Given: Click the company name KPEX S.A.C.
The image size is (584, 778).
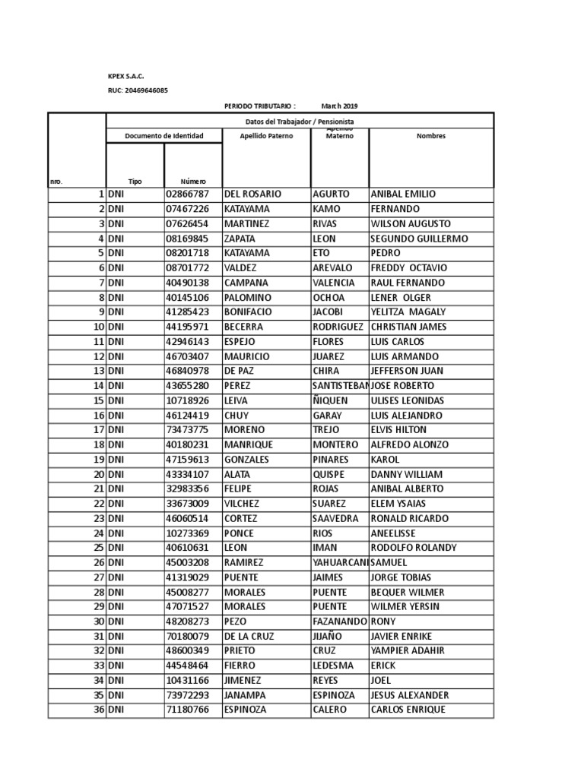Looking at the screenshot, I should (125, 76).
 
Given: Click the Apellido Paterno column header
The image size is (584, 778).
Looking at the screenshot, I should (265, 136).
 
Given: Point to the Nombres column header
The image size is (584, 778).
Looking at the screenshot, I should (430, 136).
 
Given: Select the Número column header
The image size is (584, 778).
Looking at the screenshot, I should (192, 182).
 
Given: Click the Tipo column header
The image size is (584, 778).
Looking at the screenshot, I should (135, 182).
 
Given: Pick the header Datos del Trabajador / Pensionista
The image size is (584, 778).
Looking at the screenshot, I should (299, 122).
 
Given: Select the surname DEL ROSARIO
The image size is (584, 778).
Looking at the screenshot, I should (252, 194).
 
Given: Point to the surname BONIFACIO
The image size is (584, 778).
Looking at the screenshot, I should (249, 312).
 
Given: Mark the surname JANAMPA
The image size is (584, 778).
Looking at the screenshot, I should (246, 695).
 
